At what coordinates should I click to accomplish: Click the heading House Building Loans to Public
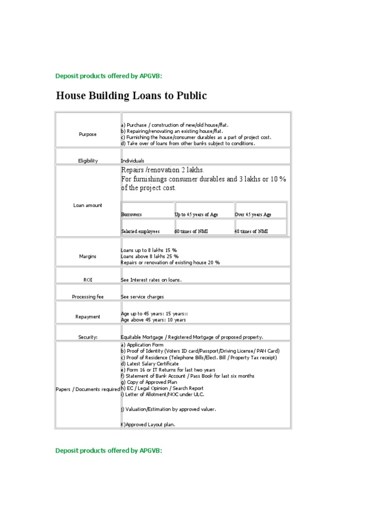131,96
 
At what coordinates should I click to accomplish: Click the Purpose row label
88,134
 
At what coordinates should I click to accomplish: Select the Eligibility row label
88,161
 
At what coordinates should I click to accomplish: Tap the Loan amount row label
88,205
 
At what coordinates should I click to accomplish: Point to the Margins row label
88,256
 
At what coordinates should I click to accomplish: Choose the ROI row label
88,280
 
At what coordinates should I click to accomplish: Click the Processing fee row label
88,296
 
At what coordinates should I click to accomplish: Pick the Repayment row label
88,317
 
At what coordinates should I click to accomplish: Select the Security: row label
88,337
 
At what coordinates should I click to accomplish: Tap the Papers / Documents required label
88,389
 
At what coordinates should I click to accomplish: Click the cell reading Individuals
133,161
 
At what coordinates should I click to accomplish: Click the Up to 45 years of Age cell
196,214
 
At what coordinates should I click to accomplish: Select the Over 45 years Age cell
253,214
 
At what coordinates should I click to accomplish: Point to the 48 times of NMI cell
251,231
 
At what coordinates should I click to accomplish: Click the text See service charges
142,296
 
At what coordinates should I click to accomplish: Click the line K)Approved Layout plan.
148,424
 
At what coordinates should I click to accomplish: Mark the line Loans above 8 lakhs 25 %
149,256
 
